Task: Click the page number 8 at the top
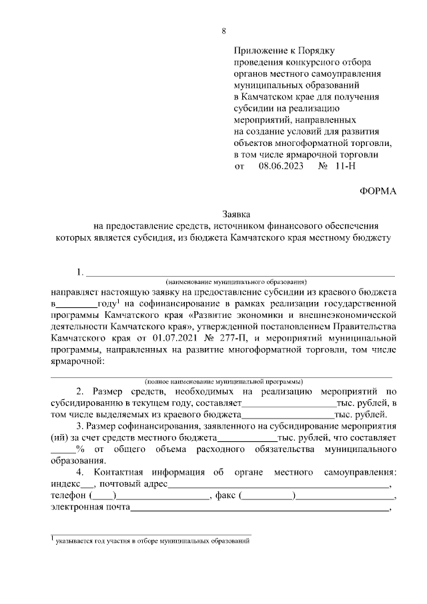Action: click(224, 31)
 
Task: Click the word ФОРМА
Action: click(378, 191)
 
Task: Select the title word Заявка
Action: click(236, 215)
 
